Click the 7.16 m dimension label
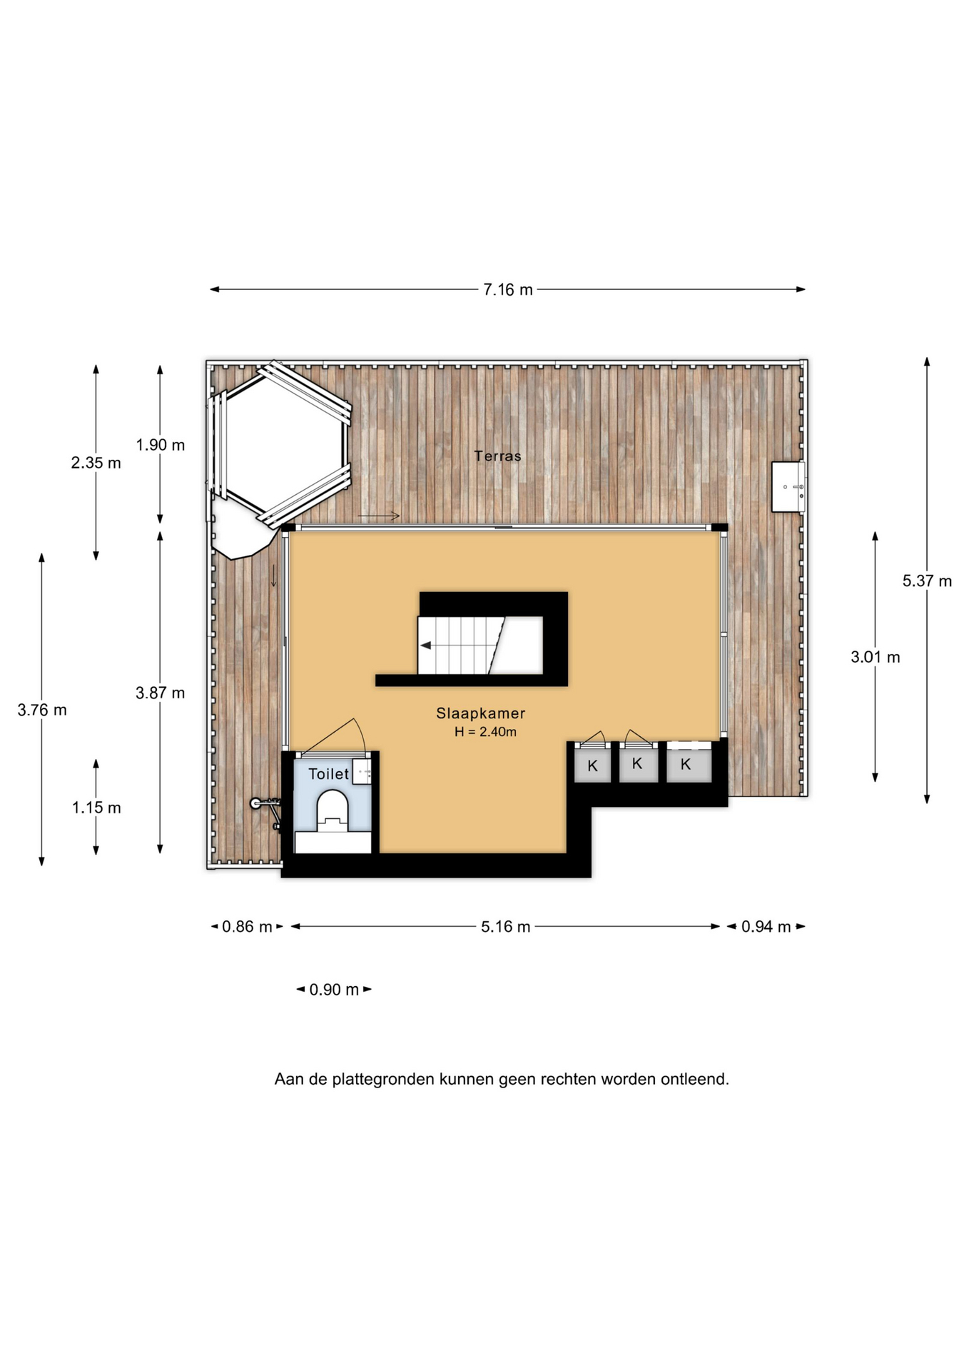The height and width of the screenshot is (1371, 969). click(x=508, y=290)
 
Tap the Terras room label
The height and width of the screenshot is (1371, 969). click(x=497, y=456)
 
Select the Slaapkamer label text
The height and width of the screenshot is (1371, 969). click(x=481, y=713)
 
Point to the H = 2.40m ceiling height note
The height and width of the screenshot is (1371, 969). click(x=485, y=732)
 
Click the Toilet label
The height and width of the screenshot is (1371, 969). click(x=328, y=774)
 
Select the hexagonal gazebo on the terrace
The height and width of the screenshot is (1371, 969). click(x=280, y=444)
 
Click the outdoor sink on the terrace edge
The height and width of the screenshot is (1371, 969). click(x=788, y=487)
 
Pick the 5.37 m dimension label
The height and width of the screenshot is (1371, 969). click(x=927, y=581)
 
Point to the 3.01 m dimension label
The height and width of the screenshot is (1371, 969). click(x=875, y=657)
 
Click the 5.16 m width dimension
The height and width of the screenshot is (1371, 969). click(x=505, y=927)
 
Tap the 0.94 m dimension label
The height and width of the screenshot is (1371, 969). click(x=766, y=927)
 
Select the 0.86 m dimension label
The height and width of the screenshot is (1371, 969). click(x=247, y=927)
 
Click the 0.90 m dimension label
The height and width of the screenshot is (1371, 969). click(x=334, y=990)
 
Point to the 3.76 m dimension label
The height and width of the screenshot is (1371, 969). click(x=42, y=710)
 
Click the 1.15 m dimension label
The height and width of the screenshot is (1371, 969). click(x=96, y=808)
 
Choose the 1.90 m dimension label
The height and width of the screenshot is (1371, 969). click(x=161, y=445)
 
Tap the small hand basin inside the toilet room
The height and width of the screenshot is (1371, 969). click(x=362, y=772)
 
